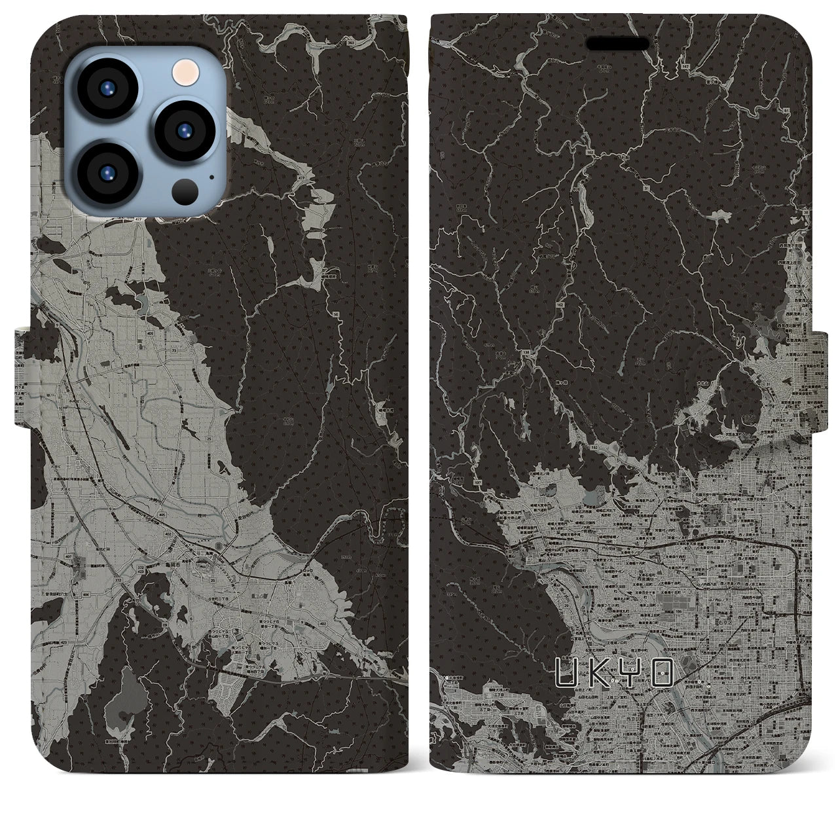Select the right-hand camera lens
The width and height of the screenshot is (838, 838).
tap(181, 129)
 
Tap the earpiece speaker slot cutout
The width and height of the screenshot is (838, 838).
tap(619, 44)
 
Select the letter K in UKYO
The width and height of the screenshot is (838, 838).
tap(598, 672)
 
